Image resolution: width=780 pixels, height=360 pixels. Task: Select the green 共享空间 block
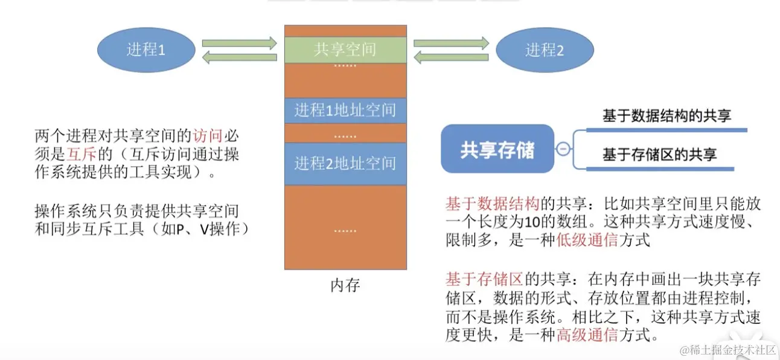point(345,50)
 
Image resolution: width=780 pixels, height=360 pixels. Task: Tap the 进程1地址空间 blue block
point(345,110)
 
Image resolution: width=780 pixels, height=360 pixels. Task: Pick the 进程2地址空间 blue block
point(345,163)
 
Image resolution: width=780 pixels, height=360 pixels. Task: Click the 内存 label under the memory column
point(345,285)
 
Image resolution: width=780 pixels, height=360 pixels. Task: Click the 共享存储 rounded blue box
point(497,149)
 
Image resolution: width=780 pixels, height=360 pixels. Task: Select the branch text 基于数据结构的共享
point(667,115)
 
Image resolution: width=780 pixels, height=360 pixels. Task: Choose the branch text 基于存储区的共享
point(659,155)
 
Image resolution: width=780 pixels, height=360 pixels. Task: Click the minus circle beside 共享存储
point(563,149)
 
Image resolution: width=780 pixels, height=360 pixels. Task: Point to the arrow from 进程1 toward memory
point(239,43)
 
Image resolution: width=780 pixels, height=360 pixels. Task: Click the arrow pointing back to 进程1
point(239,57)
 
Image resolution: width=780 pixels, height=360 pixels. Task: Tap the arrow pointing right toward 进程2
point(451,43)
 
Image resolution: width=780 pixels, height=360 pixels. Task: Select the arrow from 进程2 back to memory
point(451,57)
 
